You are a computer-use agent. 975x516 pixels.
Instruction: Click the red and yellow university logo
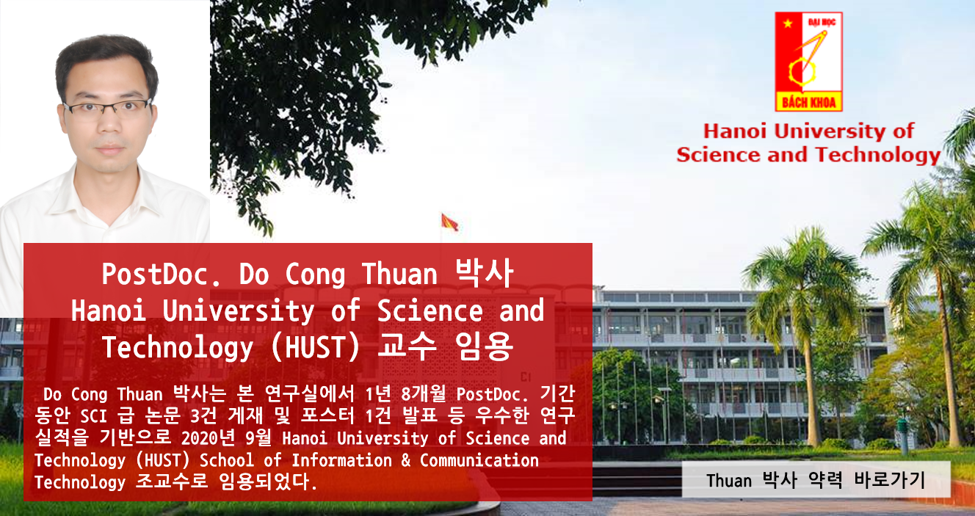click(x=809, y=62)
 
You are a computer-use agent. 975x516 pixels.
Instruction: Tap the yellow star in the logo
click(x=787, y=23)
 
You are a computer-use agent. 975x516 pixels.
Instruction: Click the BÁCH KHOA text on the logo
click(x=809, y=103)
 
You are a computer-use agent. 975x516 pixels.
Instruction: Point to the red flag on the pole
click(x=449, y=222)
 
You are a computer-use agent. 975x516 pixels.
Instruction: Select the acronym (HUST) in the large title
click(x=316, y=348)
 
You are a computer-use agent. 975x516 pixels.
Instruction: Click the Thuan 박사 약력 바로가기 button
click(x=816, y=479)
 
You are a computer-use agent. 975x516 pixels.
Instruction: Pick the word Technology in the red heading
click(x=878, y=156)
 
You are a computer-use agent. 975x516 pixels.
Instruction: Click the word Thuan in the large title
click(x=399, y=274)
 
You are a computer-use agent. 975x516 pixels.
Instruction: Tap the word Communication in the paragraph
click(x=479, y=460)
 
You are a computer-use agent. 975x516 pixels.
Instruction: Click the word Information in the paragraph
click(x=341, y=460)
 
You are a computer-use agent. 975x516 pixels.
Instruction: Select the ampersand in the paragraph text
click(x=406, y=460)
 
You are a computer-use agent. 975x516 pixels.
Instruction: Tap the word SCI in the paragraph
click(x=93, y=416)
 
